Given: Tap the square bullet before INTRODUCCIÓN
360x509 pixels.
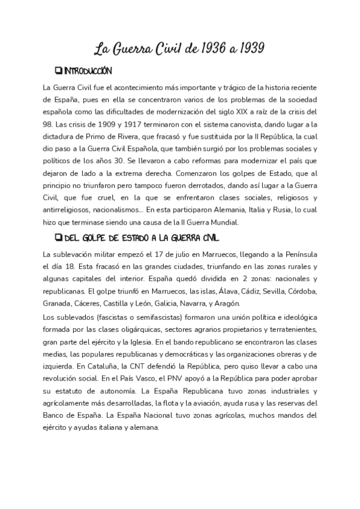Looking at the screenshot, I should [58, 71].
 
